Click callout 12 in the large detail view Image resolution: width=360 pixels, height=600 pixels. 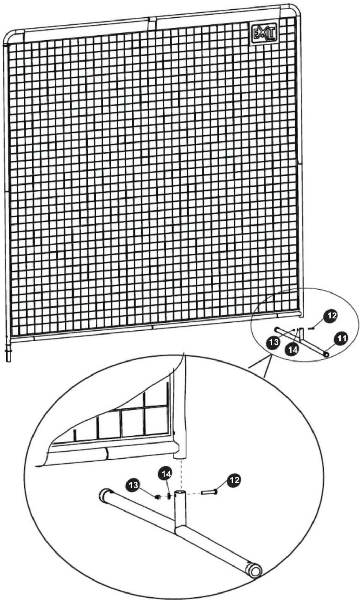pos(235,480)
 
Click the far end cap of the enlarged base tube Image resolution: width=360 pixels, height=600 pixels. pos(104,495)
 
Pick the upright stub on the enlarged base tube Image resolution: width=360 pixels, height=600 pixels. pos(180,509)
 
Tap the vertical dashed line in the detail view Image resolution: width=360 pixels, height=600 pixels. pos(180,473)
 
